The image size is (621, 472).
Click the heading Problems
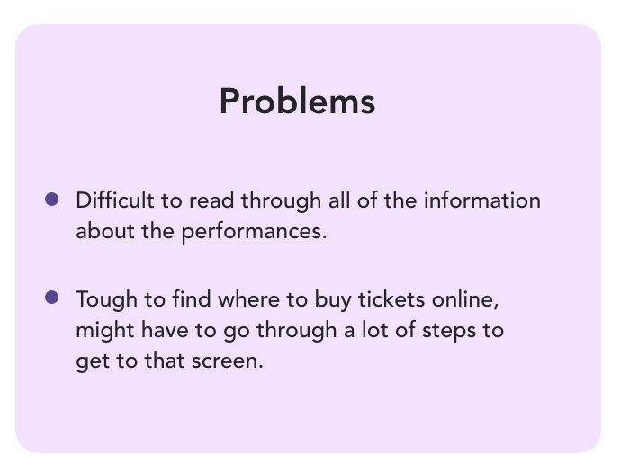pos(297,102)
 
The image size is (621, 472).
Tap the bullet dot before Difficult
pos(52,199)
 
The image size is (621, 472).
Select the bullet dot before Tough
pos(52,297)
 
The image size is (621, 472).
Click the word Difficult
pos(115,200)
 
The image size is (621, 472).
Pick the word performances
pos(255,231)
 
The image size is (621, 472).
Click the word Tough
pos(106,299)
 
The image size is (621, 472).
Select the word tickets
pos(391,298)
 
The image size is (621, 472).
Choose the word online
pos(465,299)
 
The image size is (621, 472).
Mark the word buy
pos(333,299)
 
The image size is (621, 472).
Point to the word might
pos(105,330)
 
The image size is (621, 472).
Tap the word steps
pos(449,331)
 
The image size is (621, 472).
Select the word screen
pos(228,361)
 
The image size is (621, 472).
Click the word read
pos(211,200)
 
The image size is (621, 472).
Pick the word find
pos(192,298)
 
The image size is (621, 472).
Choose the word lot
pos(374,330)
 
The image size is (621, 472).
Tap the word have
pos(165,330)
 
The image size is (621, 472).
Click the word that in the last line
pos(165,361)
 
